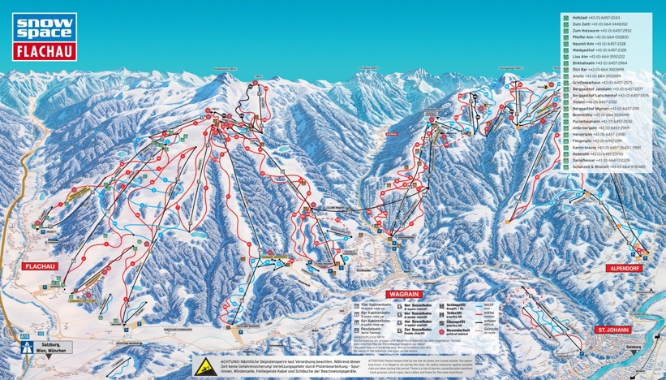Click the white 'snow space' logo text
(x=45, y=27)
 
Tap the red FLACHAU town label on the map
(x=39, y=266)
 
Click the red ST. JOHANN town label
(x=614, y=330)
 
